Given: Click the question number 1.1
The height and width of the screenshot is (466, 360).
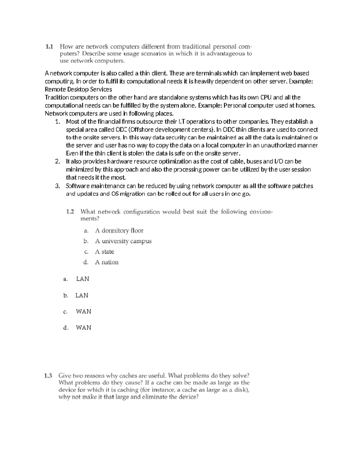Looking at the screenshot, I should (49, 47).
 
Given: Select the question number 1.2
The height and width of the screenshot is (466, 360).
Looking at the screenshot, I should (70, 212).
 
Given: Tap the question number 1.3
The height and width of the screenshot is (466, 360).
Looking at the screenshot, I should (48, 375).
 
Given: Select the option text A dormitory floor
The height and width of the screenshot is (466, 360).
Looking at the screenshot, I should (119, 230).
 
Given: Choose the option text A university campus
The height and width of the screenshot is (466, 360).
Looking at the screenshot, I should (123, 241).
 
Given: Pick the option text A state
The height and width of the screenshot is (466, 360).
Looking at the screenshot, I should (104, 251).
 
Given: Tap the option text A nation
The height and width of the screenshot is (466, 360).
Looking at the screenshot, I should (106, 262).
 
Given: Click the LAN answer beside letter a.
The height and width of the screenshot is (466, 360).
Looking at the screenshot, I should (82, 279).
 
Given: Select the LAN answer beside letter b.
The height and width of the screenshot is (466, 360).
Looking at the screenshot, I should (82, 295).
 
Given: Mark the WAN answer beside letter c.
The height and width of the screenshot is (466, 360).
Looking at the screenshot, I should (83, 311).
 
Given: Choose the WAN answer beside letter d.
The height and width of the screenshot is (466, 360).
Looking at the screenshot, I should (83, 328).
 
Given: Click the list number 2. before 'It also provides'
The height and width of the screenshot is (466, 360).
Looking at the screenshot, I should (58, 161).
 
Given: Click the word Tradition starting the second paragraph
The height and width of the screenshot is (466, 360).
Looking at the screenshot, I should (57, 98).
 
